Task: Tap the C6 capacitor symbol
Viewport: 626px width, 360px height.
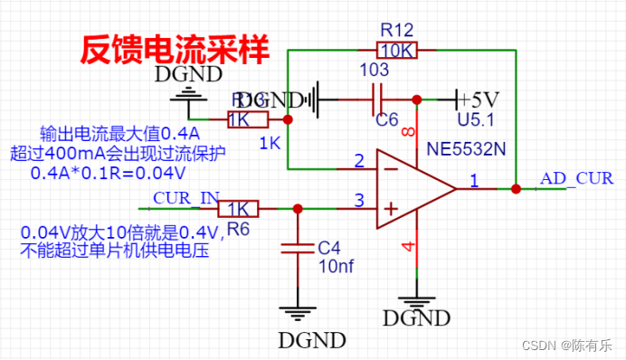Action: pyautogui.click(x=381, y=98)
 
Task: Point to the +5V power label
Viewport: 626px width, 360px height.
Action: pyautogui.click(x=477, y=98)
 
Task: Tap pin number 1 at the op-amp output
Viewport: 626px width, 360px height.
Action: pyautogui.click(x=473, y=182)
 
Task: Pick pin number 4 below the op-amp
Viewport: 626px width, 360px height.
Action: pyautogui.click(x=406, y=246)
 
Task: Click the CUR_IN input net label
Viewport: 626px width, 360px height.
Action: pyautogui.click(x=186, y=198)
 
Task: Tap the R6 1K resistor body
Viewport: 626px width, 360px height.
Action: pyautogui.click(x=238, y=210)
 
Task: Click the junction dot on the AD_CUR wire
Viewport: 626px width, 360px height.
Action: pyautogui.click(x=516, y=189)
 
